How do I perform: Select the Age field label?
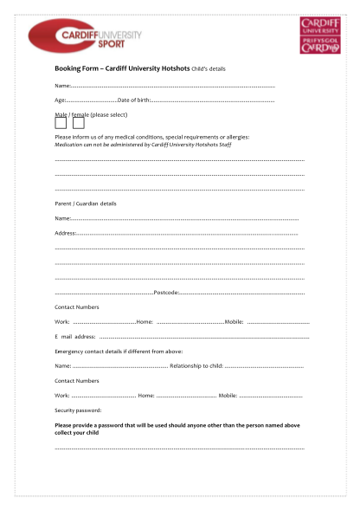coord(61,100)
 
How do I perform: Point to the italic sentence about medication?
coord(142,145)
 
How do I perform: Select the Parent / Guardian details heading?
coord(85,203)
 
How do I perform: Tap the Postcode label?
coord(165,293)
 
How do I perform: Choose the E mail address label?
coord(74,336)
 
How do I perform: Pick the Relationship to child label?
coord(196,366)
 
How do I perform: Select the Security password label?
coord(78,410)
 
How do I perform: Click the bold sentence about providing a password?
coord(177,429)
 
